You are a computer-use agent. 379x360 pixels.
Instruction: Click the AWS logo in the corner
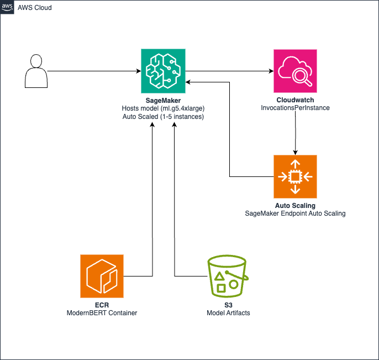click(x=7, y=7)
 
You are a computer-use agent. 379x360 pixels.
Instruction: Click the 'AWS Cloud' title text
click(x=35, y=7)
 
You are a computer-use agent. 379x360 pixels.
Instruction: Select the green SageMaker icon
click(x=162, y=71)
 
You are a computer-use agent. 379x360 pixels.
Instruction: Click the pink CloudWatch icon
click(x=295, y=71)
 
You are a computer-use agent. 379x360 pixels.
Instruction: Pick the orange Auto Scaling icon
click(x=295, y=176)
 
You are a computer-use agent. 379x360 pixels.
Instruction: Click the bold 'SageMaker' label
click(x=162, y=100)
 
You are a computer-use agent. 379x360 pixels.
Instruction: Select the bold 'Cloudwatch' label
click(x=295, y=100)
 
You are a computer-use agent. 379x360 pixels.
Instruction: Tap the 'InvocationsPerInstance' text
click(x=295, y=108)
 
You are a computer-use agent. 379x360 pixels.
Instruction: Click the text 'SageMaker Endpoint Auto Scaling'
click(x=295, y=213)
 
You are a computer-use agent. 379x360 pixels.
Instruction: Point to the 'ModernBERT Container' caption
click(x=102, y=313)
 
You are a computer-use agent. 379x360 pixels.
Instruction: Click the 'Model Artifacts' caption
click(x=228, y=313)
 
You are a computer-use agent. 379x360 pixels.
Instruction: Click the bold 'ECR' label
click(x=102, y=305)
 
